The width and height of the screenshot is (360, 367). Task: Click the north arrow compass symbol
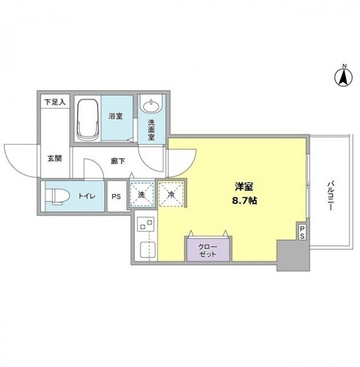pyautogui.click(x=342, y=77)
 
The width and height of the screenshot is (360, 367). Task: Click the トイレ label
pyautogui.click(x=83, y=197)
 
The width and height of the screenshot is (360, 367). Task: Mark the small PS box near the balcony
pyautogui.click(x=302, y=232)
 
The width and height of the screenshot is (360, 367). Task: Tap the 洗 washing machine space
pyautogui.click(x=142, y=195)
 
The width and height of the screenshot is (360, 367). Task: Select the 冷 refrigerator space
pyautogui.click(x=170, y=194)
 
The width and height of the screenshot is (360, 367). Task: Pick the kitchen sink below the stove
pyautogui.click(x=145, y=250)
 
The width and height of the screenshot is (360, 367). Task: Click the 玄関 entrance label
pyautogui.click(x=54, y=157)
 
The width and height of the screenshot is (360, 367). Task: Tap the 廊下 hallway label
pyautogui.click(x=117, y=162)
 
